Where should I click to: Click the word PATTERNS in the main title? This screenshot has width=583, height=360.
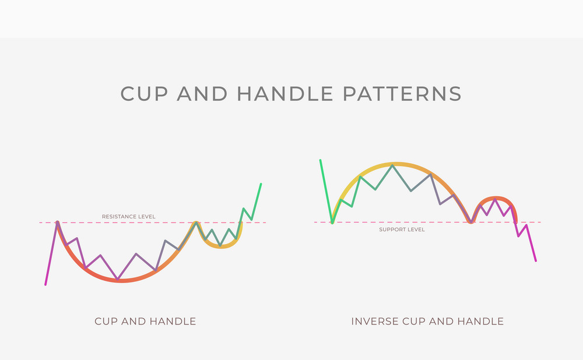[x=402, y=94]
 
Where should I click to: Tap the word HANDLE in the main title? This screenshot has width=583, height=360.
[x=285, y=94]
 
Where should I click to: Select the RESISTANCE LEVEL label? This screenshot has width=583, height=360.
[x=129, y=217]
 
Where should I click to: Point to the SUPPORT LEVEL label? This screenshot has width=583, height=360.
[x=402, y=230]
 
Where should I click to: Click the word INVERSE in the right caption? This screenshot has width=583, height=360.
[x=375, y=321]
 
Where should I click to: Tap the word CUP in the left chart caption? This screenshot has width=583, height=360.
[x=106, y=321]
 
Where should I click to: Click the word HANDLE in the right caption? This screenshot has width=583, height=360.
[x=480, y=321]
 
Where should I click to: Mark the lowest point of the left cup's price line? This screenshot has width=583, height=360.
[x=118, y=279]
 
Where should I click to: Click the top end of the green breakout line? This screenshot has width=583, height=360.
[x=261, y=183]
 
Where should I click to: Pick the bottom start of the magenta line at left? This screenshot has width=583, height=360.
[x=45, y=285]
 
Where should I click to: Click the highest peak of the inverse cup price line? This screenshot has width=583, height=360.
[x=392, y=165]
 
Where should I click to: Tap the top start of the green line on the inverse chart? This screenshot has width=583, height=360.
[x=321, y=160]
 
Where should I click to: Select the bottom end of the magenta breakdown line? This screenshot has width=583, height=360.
[x=536, y=261]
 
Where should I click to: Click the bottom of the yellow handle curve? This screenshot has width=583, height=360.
[x=221, y=247]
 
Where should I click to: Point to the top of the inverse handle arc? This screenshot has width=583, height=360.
[x=496, y=197]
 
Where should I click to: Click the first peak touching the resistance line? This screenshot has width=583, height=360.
[x=57, y=222]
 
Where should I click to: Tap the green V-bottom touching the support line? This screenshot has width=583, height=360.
[x=332, y=223]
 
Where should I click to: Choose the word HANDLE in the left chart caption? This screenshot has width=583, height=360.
[x=173, y=321]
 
